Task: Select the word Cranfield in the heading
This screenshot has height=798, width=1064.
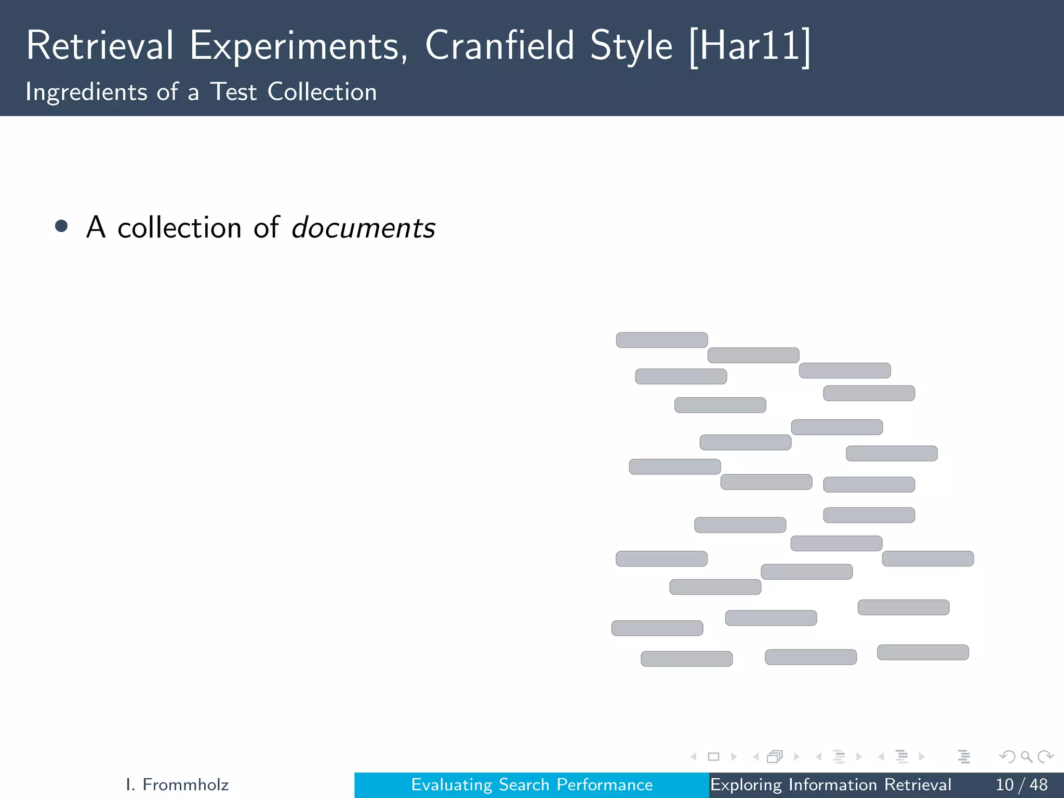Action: pyautogui.click(x=499, y=46)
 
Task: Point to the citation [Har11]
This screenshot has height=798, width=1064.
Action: pyautogui.click(x=749, y=47)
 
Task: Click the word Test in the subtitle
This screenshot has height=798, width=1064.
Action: pyautogui.click(x=233, y=92)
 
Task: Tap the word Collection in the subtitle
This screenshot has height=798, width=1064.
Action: pyautogui.click(x=322, y=92)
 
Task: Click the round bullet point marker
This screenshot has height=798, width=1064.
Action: pyautogui.click(x=61, y=226)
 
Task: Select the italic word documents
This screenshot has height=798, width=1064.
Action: pyautogui.click(x=363, y=228)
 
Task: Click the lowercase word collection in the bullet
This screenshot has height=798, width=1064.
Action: pyautogui.click(x=179, y=228)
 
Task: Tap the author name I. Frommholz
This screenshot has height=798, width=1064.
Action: pyautogui.click(x=177, y=784)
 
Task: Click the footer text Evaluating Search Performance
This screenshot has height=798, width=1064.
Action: pyautogui.click(x=532, y=784)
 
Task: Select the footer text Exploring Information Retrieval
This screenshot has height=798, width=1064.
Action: pyautogui.click(x=830, y=784)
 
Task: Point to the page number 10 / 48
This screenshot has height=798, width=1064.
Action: pyautogui.click(x=1021, y=784)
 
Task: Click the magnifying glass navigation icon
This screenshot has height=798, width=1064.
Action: pyautogui.click(x=1026, y=756)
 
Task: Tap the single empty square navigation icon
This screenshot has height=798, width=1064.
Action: pyautogui.click(x=713, y=756)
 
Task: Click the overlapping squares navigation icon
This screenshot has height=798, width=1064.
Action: pyautogui.click(x=775, y=756)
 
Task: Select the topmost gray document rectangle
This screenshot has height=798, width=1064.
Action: pyautogui.click(x=662, y=340)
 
